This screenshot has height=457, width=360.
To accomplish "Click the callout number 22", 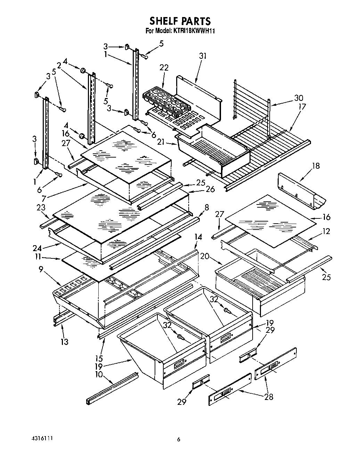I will pyautogui.click(x=164, y=68).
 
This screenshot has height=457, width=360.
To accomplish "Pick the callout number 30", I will pyautogui.click(x=298, y=98).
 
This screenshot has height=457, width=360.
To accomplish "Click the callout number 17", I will pyautogui.click(x=302, y=106).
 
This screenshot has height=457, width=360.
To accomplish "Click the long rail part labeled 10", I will pyautogui.click(x=112, y=388).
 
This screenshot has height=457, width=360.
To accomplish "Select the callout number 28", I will pyautogui.click(x=269, y=396).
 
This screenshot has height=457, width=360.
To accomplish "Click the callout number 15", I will pyautogui.click(x=99, y=358).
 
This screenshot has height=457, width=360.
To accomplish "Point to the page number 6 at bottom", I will pyautogui.click(x=179, y=440).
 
